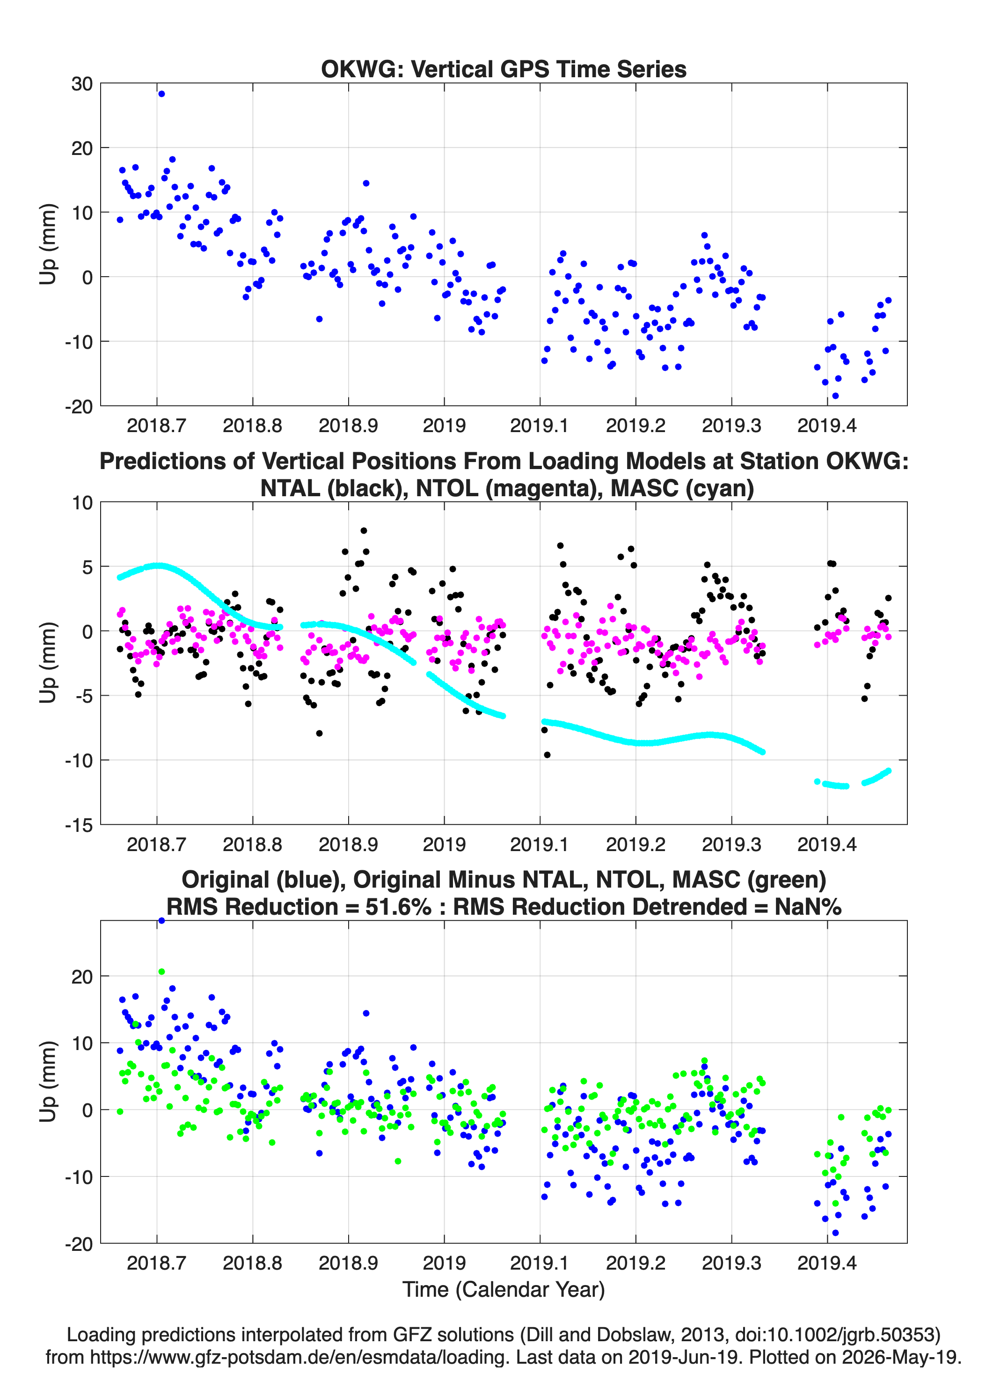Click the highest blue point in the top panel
pyautogui.click(x=161, y=94)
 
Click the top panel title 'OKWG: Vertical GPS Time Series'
pyautogui.click(x=504, y=69)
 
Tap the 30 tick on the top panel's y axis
pyautogui.click(x=82, y=84)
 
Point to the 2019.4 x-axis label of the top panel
pyautogui.click(x=827, y=426)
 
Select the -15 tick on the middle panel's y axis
pyautogui.click(x=79, y=825)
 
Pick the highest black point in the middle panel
pyautogui.click(x=364, y=530)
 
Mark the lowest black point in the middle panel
pyautogui.click(x=547, y=755)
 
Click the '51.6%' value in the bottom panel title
pyautogui.click(x=398, y=907)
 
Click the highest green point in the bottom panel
pyautogui.click(x=161, y=972)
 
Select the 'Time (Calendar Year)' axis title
pyautogui.click(x=504, y=1290)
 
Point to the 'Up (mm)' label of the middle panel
pyautogui.click(x=48, y=663)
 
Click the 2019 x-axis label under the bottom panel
pyautogui.click(x=444, y=1263)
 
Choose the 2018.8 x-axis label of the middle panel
pyautogui.click(x=252, y=845)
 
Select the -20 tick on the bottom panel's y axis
pyautogui.click(x=79, y=1244)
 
